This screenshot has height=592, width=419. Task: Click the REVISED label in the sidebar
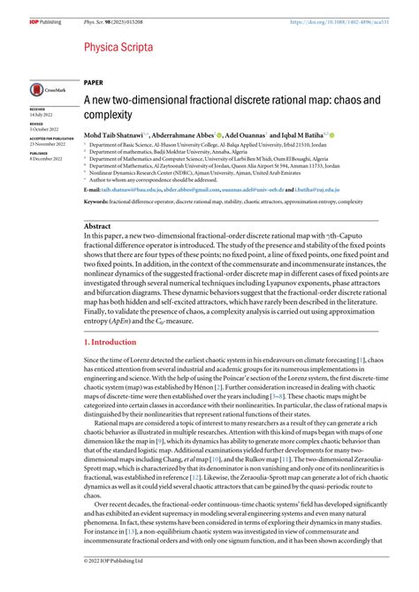39,125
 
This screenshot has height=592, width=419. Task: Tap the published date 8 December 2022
47,160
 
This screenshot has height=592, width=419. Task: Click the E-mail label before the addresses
92,190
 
